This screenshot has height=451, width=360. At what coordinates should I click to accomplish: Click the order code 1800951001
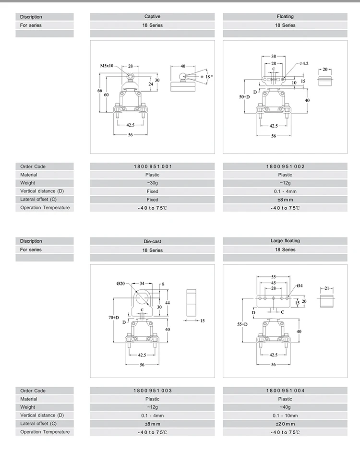click(x=152, y=166)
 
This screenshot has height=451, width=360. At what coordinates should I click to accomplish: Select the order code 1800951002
click(x=285, y=166)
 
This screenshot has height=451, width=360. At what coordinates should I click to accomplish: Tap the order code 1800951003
click(x=152, y=391)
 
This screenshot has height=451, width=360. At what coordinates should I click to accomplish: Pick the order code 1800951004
click(x=285, y=391)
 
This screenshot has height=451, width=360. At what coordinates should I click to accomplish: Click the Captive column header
click(x=152, y=16)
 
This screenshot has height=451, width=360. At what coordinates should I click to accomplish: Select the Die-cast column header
click(x=152, y=241)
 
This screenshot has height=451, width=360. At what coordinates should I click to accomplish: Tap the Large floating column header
click(x=285, y=241)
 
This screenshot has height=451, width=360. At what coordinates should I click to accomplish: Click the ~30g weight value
click(x=152, y=183)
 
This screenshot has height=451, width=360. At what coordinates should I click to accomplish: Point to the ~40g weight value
click(x=285, y=407)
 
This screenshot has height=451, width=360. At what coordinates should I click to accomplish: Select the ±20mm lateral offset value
click(x=285, y=424)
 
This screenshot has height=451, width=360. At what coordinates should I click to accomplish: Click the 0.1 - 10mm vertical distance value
click(x=285, y=415)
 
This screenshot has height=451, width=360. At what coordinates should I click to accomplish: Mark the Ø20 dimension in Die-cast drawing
click(x=120, y=284)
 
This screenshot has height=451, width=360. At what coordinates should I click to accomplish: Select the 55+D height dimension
click(x=244, y=324)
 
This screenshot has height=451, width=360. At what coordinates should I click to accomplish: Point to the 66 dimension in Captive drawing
click(x=99, y=91)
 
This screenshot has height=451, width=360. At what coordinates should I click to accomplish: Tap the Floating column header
click(x=285, y=16)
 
